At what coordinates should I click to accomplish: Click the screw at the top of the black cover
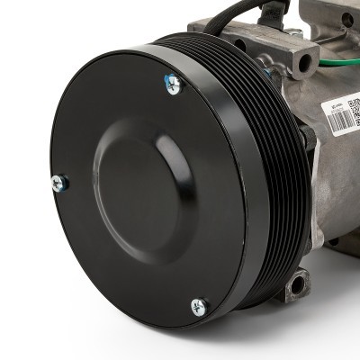172,85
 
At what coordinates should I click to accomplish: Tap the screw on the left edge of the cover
58,184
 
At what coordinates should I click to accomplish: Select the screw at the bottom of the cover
198,307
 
